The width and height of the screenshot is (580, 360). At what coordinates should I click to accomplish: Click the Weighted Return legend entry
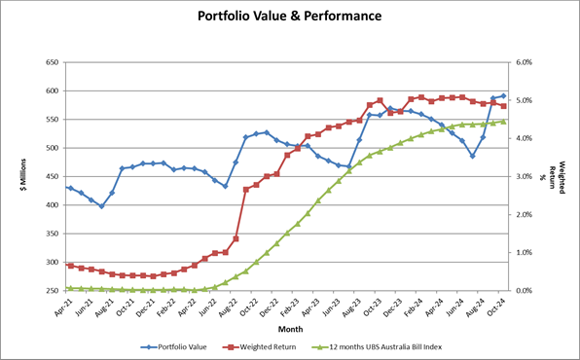(264, 345)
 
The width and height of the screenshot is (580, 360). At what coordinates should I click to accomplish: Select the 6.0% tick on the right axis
(525, 62)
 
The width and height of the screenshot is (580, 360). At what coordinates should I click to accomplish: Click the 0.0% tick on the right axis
(525, 291)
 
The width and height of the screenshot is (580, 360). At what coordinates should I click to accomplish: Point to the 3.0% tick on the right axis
(525, 176)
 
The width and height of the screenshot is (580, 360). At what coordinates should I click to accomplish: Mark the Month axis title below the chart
(285, 328)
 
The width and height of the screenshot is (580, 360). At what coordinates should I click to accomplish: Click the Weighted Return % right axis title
(561, 176)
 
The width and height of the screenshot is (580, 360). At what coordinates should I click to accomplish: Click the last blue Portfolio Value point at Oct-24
(503, 96)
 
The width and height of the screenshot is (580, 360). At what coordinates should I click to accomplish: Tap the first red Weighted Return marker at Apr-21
(70, 265)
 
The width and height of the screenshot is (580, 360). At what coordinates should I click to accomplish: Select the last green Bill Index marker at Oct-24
(503, 122)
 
